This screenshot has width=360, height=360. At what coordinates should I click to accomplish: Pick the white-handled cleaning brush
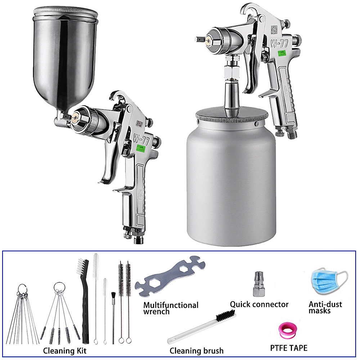coord(202,328)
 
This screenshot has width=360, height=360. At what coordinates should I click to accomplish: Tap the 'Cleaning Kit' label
coord(65,350)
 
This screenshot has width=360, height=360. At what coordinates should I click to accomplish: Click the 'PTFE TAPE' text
coord(289,348)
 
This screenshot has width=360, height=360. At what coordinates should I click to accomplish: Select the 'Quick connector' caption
coord(259,305)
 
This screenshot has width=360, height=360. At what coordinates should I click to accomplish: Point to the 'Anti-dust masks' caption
coord(325,307)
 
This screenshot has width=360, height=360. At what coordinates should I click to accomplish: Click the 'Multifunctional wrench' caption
coord(171,308)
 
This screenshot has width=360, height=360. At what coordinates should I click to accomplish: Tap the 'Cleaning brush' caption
coord(197,350)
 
